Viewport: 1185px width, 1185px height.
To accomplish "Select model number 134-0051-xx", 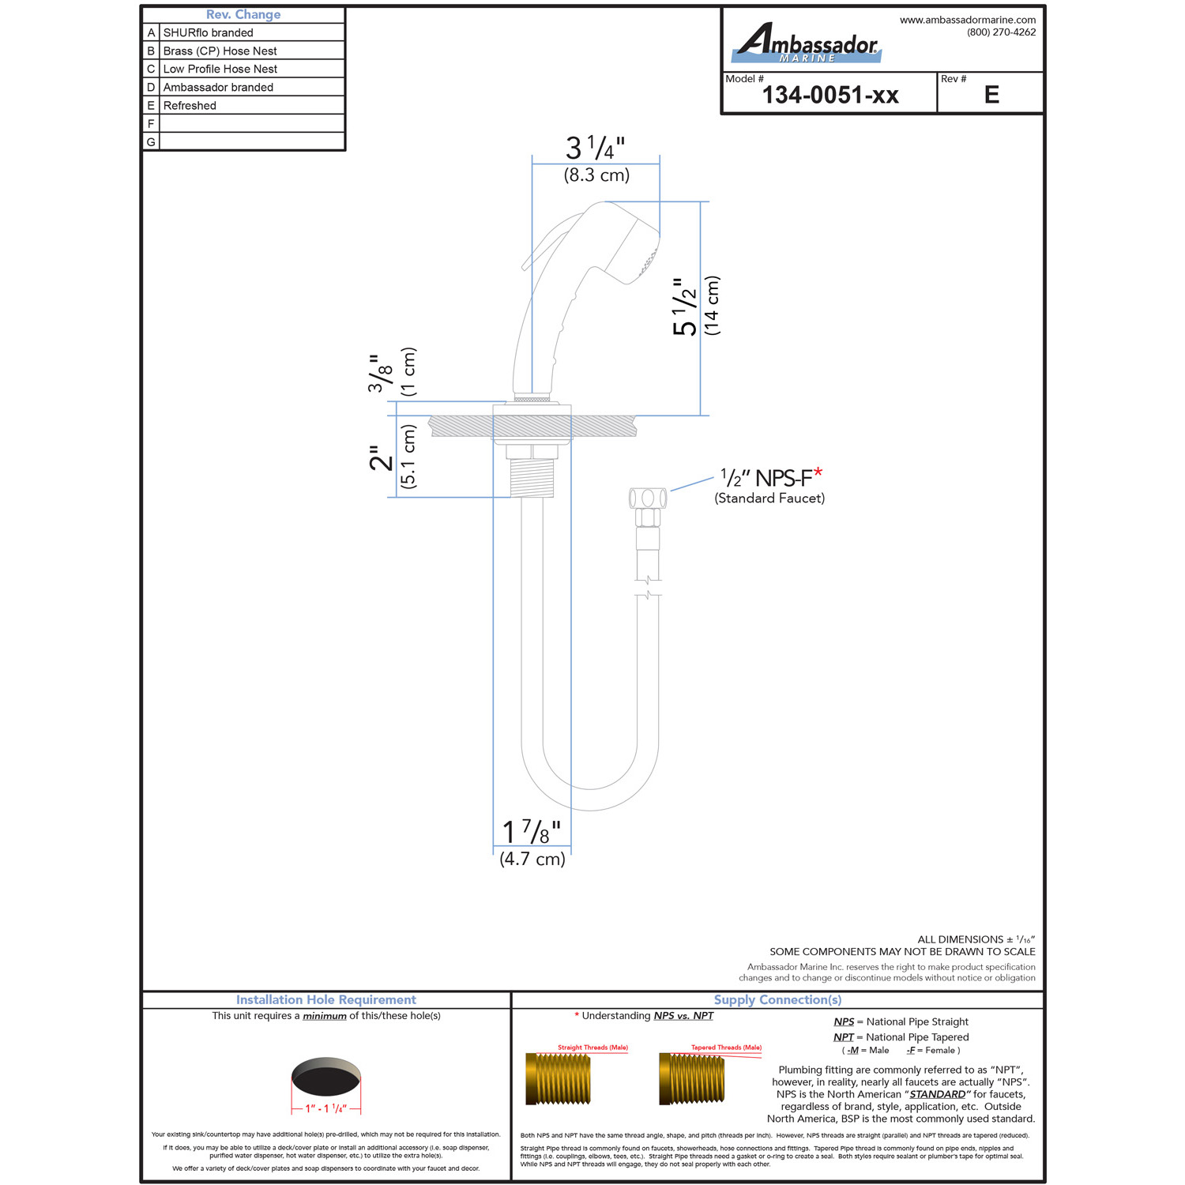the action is (830, 96).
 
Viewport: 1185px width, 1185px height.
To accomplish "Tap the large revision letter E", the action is (991, 96).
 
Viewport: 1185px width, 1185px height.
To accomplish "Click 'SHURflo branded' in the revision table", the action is (208, 32).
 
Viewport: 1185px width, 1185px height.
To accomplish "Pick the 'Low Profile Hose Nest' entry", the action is (220, 69).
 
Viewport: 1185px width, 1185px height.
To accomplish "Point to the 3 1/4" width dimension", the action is (596, 148).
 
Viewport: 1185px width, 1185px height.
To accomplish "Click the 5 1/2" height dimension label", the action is (685, 307).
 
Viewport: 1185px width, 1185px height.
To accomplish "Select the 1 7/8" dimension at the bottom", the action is (532, 832).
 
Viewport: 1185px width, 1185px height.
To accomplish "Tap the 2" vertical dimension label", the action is (381, 457).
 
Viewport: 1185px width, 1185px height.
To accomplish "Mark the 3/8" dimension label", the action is (380, 374).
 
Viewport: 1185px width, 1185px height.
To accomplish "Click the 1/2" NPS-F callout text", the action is (771, 477).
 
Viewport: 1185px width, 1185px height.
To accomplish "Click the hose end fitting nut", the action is (648, 498).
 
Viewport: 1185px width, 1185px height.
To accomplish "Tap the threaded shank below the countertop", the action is (532, 477).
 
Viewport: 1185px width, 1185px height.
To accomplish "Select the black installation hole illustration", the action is (326, 1077).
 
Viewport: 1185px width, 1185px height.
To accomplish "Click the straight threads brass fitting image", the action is (558, 1078).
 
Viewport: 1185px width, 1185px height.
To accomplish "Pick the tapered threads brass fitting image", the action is (691, 1078).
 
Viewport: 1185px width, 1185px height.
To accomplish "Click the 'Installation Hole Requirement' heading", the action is (326, 999).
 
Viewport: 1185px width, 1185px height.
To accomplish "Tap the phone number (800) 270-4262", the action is (1001, 32).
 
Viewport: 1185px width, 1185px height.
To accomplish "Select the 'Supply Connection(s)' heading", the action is (778, 999).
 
